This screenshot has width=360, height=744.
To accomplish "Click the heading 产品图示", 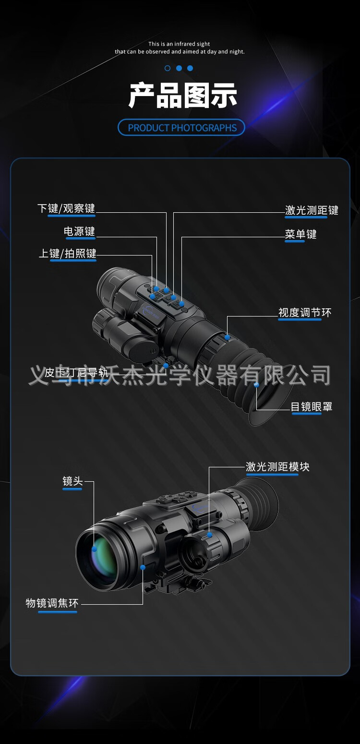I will point(182,95).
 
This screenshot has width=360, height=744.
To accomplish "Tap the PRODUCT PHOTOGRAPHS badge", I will point(181,128).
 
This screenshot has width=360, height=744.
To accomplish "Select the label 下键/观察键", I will point(66,208).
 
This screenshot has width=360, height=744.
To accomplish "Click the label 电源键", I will point(80,232).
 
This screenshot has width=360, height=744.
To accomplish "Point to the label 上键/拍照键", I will point(68,254).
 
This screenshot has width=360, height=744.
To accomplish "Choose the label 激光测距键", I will point(312,210).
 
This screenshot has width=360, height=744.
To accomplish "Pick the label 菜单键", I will point(300,234).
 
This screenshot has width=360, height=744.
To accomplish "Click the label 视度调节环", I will point(305,313).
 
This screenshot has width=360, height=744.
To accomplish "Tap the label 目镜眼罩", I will point(311,407).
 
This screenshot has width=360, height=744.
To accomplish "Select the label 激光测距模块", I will point(277,467).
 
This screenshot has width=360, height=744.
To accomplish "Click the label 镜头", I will point(72,481).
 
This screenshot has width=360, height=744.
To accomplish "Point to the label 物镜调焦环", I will point(52,603).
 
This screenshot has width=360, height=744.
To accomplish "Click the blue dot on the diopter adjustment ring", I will point(227,337).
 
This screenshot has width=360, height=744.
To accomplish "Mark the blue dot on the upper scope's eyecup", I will point(256,385).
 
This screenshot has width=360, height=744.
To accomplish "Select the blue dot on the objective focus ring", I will point(143,567).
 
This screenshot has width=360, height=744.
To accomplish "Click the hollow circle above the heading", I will point(168,68).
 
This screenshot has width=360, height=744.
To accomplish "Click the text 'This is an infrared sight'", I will point(179,44).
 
